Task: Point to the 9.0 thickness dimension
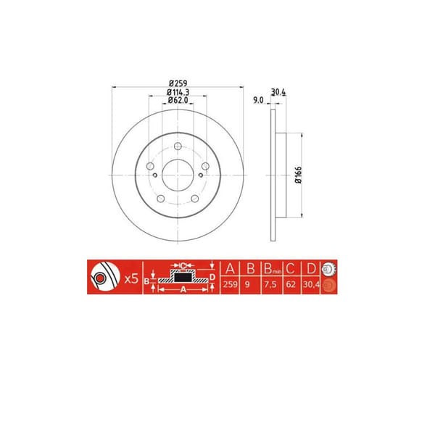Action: (257, 100)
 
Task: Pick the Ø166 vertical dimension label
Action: (297, 175)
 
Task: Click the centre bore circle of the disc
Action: (178, 175)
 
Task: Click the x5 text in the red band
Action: (132, 278)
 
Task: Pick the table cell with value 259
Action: (231, 286)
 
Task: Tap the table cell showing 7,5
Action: (270, 286)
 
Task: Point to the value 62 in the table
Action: (290, 286)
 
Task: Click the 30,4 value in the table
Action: (310, 286)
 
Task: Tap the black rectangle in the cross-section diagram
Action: (183, 276)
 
